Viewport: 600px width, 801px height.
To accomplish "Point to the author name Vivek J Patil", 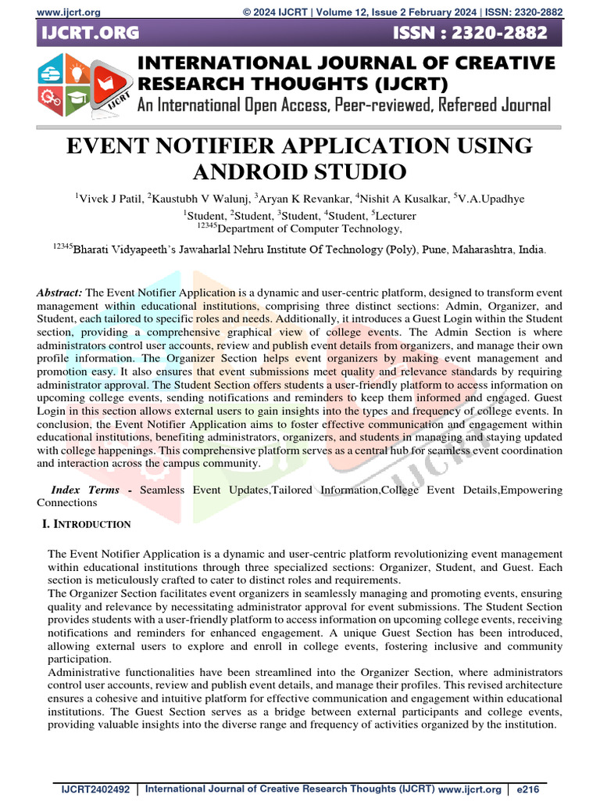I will pyautogui.click(x=110, y=199).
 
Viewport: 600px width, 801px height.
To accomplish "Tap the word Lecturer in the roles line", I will pyautogui.click(x=395, y=215).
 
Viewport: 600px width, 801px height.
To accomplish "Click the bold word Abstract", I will pyautogui.click(x=59, y=292).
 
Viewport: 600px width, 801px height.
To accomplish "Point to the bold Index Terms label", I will pyautogui.click(x=85, y=490).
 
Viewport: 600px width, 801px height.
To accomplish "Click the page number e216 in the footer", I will pyautogui.click(x=526, y=791).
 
